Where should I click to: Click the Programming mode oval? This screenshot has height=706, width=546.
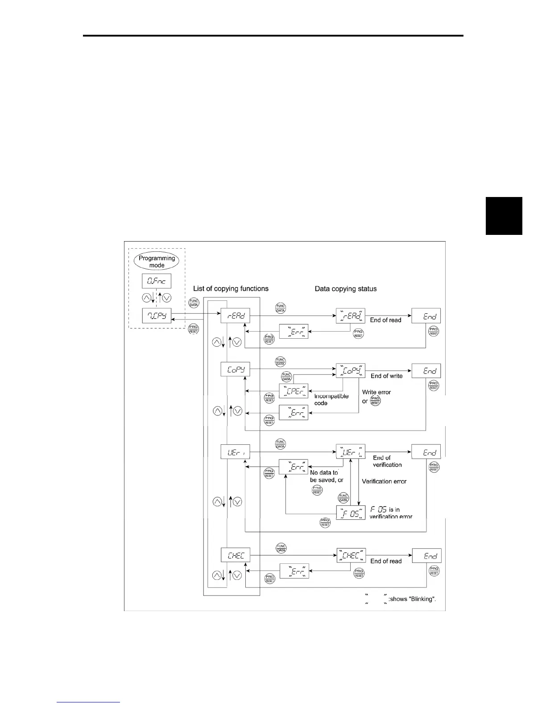coord(157,262)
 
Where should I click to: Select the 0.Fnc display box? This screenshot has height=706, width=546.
coord(157,281)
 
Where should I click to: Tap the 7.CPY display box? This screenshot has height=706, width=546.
coord(157,316)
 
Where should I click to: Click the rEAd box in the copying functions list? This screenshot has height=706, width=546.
coord(236,316)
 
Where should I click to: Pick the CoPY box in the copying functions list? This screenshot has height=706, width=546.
coord(236,369)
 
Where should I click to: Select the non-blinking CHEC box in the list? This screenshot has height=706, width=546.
coord(236,555)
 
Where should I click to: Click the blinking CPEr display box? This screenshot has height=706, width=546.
coord(294,391)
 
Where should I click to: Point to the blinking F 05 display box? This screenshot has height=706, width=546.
coord(351,513)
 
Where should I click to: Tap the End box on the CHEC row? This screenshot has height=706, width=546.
coord(426,555)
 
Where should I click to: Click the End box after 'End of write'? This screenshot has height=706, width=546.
coord(426,370)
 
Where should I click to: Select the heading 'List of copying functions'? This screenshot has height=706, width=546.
coord(231,288)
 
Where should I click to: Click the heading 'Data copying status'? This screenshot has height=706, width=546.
coord(346,289)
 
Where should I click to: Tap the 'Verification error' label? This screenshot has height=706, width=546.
coord(384,481)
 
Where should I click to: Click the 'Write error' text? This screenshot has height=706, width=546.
coord(376,392)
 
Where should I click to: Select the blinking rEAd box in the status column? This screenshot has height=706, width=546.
coord(351,316)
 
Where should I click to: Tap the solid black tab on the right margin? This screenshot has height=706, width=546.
coord(504,216)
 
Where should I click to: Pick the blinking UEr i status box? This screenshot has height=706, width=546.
coord(351,452)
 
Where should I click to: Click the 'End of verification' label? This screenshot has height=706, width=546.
coord(387,461)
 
